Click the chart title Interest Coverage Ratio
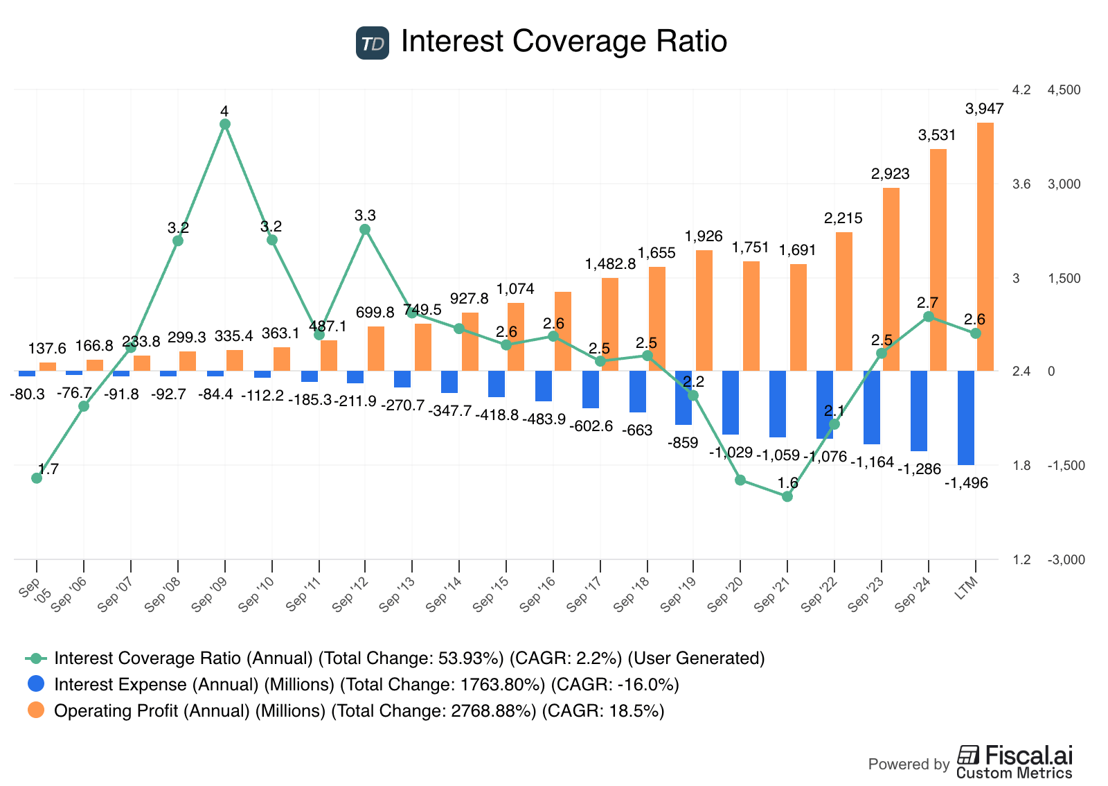[x=564, y=42]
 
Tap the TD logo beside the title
[x=373, y=43]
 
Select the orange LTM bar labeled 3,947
[x=985, y=247]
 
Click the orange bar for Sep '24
[x=938, y=260]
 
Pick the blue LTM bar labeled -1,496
[x=965, y=418]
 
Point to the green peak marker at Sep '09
[x=225, y=124]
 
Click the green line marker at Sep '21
[x=787, y=496]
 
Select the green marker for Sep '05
[x=37, y=478]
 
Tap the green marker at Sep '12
[x=366, y=229]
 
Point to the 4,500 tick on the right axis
[x=1064, y=90]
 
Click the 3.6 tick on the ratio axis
[x=1021, y=184]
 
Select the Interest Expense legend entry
[x=366, y=685]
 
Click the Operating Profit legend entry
[x=359, y=711]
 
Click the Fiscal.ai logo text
[x=1015, y=756]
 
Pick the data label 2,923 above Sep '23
[x=891, y=174]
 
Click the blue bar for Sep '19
[x=683, y=398]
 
